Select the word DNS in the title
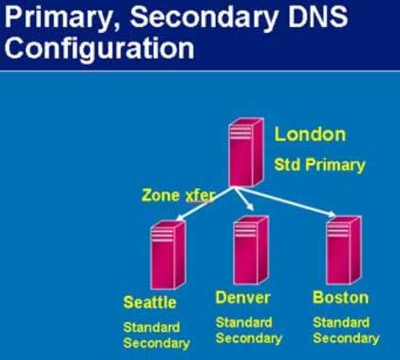tap(318, 16)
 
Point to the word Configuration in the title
tap(99, 48)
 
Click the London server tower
tap(245, 152)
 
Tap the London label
tap(310, 135)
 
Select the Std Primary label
tap(319, 165)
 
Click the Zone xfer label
tap(178, 195)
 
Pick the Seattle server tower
tap(168, 255)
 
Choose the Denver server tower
tap(250, 250)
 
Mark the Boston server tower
tap(344, 250)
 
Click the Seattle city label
tap(150, 302)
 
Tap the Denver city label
tap(243, 297)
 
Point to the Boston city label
tap(340, 297)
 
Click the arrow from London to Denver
tap(245, 199)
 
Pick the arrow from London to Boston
tap(285, 202)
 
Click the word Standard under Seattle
tap(151, 327)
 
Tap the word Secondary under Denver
tap(249, 339)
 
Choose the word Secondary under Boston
tap(346, 339)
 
